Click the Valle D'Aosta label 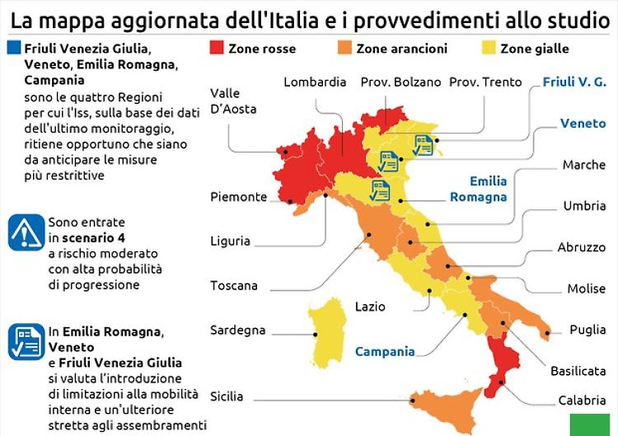pos(233,101)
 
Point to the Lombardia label pos(315,82)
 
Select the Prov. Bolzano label pos(400,82)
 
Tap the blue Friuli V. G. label pos(574,82)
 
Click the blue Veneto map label pos(583,123)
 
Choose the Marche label pos(584,165)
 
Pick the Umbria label pos(584,206)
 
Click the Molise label pos(586,288)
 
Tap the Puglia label pos(588,330)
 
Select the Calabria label pos(582,401)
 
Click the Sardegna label pos(238,330)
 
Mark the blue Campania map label pos(385,351)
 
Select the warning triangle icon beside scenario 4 pos(26,232)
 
